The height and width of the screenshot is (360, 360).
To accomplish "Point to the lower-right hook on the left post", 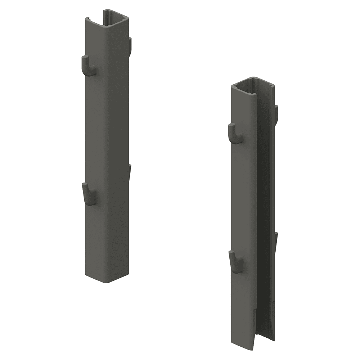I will [130, 173].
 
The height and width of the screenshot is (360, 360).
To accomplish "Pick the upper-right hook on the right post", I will [276, 114].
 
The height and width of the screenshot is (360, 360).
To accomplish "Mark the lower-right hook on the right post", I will [276, 241].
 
